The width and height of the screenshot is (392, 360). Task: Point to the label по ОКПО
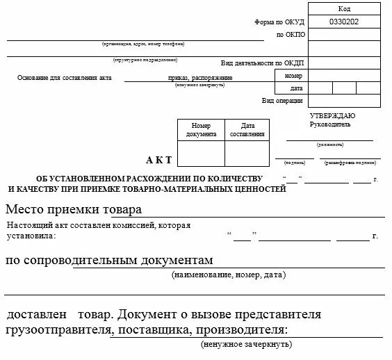click(290, 34)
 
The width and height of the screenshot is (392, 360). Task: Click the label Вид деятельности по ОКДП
click(263, 62)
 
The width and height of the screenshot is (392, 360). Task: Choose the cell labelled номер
click(293, 75)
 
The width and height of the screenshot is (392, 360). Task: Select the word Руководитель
click(330, 124)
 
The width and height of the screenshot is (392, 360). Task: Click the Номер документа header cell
click(201, 129)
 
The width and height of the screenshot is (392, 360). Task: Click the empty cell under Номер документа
click(201, 154)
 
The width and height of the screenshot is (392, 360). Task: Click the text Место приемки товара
click(74, 209)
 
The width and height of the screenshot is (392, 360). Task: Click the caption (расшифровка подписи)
click(350, 165)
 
